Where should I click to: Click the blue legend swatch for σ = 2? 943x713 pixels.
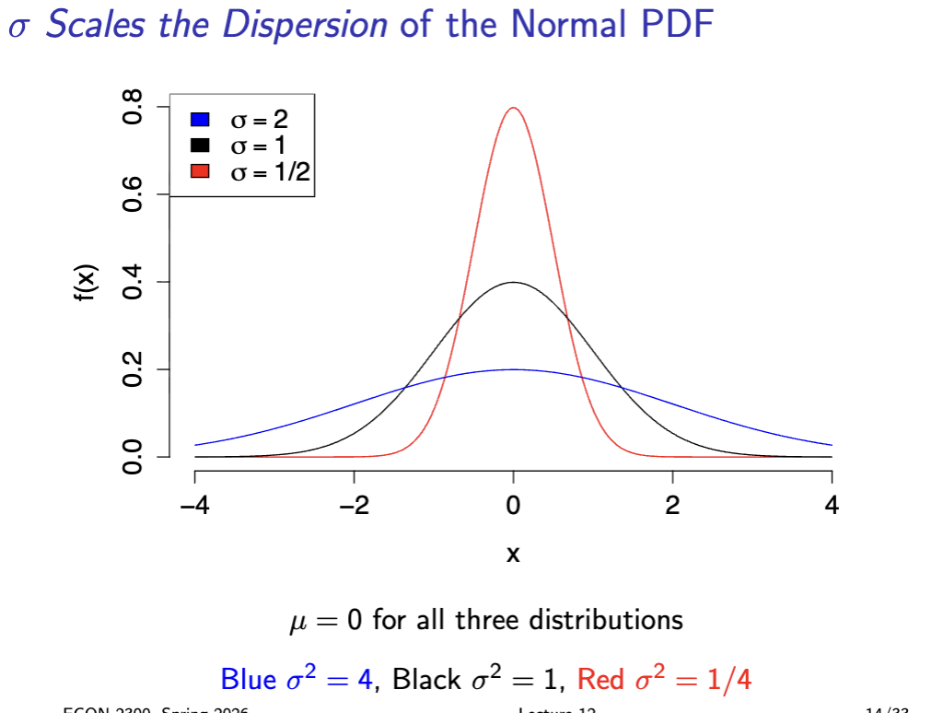[200, 119]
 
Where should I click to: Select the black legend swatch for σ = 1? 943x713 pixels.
[200, 145]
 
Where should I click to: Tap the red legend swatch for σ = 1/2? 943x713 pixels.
[200, 170]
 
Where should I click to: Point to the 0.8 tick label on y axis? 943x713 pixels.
[134, 107]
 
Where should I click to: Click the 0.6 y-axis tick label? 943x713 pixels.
[134, 194]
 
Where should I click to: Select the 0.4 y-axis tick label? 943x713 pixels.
[134, 282]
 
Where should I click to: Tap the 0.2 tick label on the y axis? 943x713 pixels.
[134, 369]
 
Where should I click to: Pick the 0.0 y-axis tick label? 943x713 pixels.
[134, 457]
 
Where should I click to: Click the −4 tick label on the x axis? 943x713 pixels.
[194, 505]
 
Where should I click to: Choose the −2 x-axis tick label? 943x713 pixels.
[354, 505]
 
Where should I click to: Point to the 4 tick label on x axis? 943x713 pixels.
[832, 505]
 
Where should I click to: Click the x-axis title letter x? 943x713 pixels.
[513, 555]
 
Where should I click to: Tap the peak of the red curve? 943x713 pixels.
[513, 108]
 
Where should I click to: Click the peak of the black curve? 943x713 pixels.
[513, 282]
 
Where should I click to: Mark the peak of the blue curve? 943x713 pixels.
[513, 369]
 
